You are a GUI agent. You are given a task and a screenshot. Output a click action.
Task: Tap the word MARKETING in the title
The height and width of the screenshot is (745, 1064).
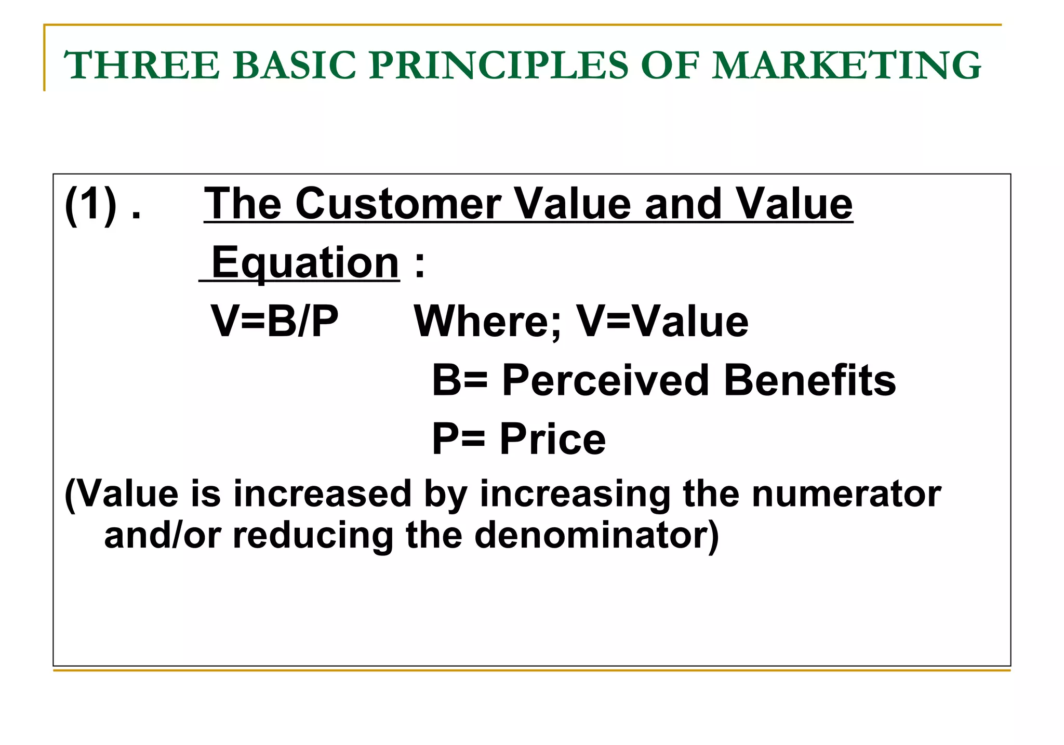[x=846, y=65]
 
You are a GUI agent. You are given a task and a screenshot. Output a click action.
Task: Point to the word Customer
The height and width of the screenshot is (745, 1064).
[x=398, y=204]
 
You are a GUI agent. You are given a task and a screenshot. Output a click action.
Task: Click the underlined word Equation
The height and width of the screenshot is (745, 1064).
[x=305, y=263]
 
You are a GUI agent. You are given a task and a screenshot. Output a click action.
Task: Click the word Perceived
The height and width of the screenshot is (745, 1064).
[x=605, y=381]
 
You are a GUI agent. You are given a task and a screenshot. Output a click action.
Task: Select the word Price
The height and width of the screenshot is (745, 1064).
[x=553, y=440]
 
